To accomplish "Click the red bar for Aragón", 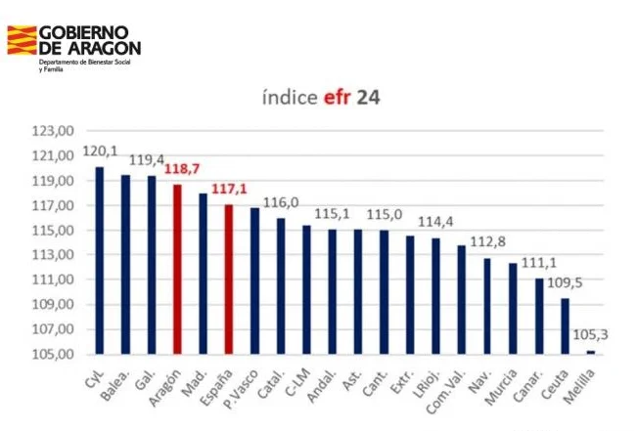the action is (x=177, y=269).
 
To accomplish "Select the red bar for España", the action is (x=229, y=280).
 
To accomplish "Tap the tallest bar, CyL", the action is (x=100, y=261).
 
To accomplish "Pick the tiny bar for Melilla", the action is (x=591, y=352).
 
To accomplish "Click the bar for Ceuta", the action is (x=565, y=326).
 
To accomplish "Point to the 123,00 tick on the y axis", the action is (x=53, y=131).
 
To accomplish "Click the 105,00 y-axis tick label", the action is (x=53, y=355).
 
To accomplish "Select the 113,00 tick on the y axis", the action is (x=53, y=255).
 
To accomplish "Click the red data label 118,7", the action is (x=182, y=169).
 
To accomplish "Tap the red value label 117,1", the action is (x=229, y=189).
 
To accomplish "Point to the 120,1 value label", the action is (x=100, y=151).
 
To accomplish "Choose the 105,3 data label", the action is (x=590, y=335).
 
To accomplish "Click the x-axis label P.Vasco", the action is (x=241, y=389).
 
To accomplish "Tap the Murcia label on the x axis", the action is (x=501, y=387).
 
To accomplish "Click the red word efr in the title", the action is (x=337, y=98).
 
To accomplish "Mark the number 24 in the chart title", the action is (x=369, y=98).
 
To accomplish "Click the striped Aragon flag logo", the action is (x=22, y=40).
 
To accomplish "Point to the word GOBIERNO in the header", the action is (x=84, y=32).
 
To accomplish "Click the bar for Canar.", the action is (x=539, y=316).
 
